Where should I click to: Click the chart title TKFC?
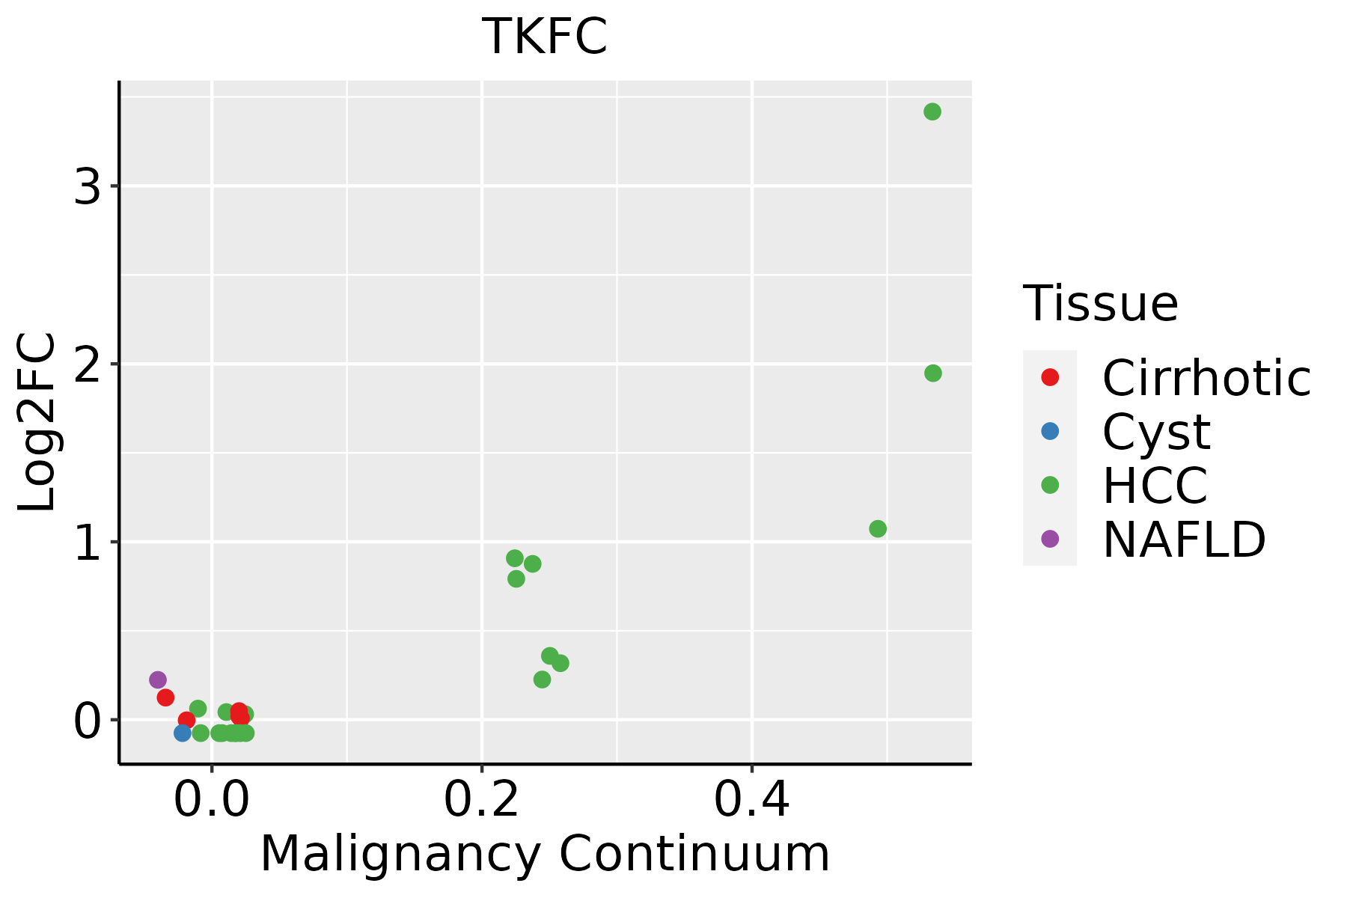pos(544,37)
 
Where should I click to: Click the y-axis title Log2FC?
pos(37,423)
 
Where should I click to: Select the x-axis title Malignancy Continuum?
pos(545,854)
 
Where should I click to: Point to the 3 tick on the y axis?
pos(88,186)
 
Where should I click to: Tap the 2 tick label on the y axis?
pos(88,364)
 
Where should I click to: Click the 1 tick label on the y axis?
pos(88,542)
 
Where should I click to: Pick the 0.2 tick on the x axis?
pos(481,800)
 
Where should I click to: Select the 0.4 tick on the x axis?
pos(751,800)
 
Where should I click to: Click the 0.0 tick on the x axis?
pos(212,800)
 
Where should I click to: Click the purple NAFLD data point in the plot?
pos(158,679)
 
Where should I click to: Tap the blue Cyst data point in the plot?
pos(183,733)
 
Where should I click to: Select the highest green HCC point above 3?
pos(932,112)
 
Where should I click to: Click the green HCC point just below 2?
pos(933,373)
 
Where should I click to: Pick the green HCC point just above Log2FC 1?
pos(878,529)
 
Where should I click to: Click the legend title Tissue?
pos(1100,304)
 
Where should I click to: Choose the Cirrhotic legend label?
pos(1206,378)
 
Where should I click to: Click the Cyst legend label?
pos(1156,432)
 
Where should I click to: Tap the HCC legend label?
pos(1155,486)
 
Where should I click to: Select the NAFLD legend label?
pos(1184,540)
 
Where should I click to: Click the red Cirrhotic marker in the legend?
pos(1050,377)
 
